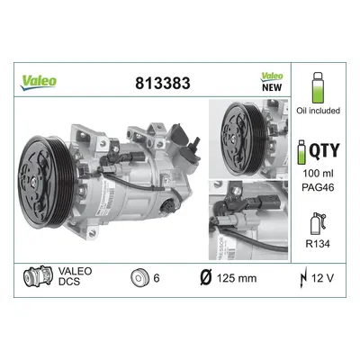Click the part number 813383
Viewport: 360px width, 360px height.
pos(163,83)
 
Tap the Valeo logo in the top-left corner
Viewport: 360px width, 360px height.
pos(39,82)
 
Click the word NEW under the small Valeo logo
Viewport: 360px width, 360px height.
pos(272,87)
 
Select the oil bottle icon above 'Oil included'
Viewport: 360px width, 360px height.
pos(318,87)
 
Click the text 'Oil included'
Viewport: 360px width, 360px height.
pos(318,111)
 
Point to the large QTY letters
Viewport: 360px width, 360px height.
pos(324,150)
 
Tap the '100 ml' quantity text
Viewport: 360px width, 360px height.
pos(318,174)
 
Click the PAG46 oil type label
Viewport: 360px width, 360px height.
pos(318,188)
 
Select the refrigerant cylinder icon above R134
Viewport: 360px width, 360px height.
pos(318,224)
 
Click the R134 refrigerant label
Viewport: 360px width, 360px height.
pos(318,244)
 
